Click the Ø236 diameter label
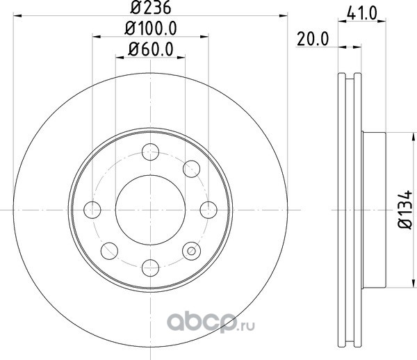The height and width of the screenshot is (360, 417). point(150,8)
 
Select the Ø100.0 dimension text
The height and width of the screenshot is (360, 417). point(151,28)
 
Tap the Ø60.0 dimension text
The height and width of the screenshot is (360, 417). point(151,49)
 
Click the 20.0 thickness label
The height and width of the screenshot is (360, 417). point(313,40)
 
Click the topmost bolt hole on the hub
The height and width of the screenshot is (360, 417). point(151,152)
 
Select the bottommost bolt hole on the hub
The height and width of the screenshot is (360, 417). point(151,268)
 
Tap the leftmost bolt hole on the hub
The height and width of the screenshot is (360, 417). point(92,210)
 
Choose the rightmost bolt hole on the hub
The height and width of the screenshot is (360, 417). point(208,210)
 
